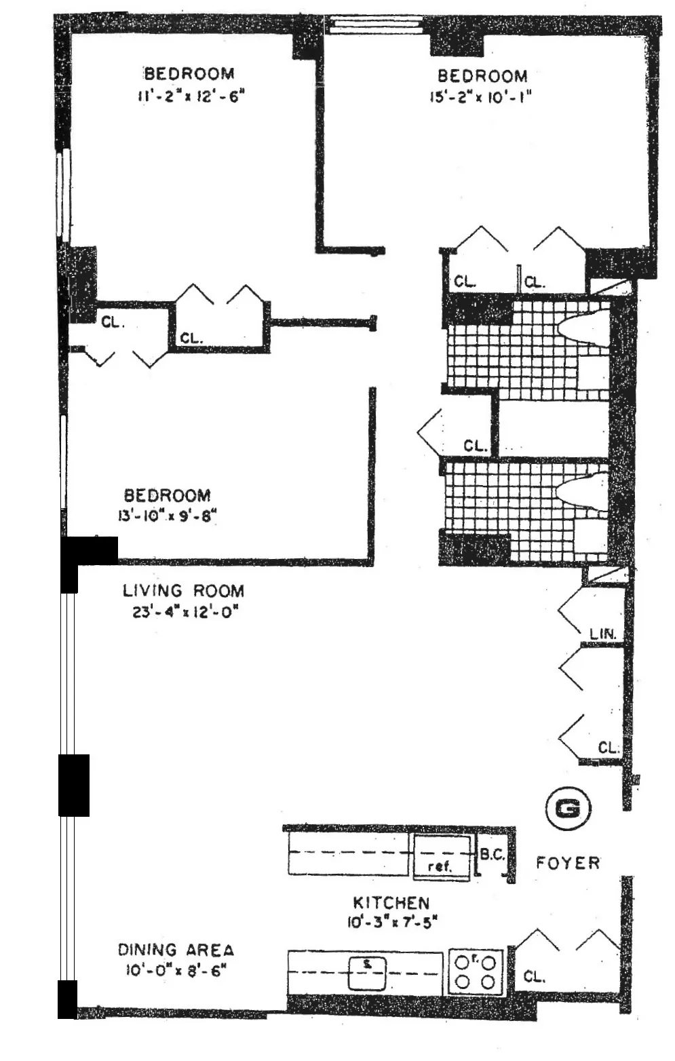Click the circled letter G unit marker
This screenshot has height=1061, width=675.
click(568, 808)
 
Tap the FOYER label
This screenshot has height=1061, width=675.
click(568, 863)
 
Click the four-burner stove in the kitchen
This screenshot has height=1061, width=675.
click(476, 971)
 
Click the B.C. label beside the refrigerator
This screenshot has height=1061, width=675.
click(493, 855)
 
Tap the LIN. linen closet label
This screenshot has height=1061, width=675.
click(602, 634)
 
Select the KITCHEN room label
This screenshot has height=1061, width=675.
click(391, 902)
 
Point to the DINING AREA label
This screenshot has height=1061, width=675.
click(176, 950)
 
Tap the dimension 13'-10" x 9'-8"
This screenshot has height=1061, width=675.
click(167, 516)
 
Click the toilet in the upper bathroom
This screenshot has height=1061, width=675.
click(584, 328)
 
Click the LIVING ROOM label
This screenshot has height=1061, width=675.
click(183, 590)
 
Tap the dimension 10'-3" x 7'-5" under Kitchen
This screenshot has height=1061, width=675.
click(390, 922)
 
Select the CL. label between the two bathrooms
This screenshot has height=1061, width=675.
click(476, 446)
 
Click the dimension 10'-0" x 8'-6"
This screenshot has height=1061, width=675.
click(175, 970)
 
